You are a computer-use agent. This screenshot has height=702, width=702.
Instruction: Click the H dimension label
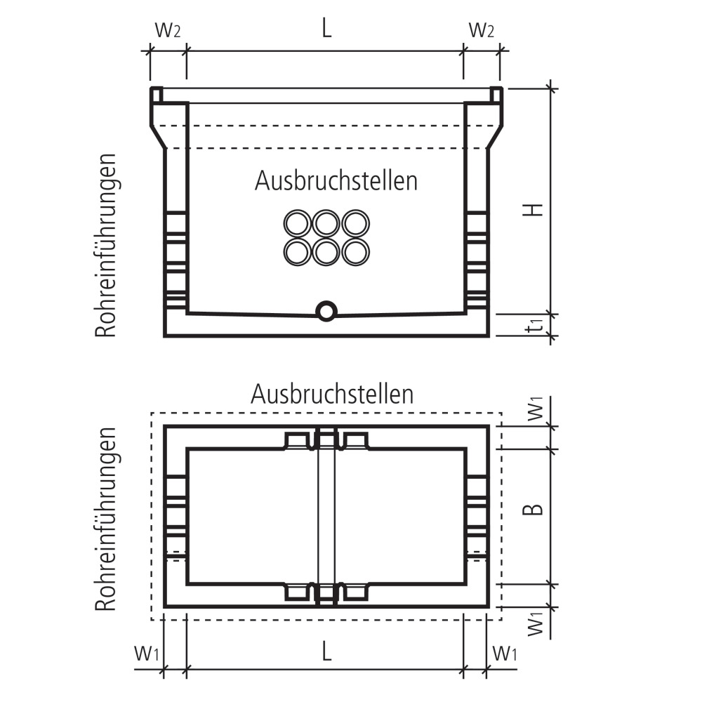click(533, 209)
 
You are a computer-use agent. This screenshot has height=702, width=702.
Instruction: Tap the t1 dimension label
click(534, 324)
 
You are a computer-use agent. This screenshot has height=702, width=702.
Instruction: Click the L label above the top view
click(327, 29)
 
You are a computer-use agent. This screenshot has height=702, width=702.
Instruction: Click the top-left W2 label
click(168, 30)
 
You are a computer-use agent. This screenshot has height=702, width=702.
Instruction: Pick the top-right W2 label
click(482, 30)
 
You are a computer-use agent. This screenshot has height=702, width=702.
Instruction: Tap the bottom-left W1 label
click(147, 654)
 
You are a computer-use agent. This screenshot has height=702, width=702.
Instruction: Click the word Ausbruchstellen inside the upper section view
click(336, 181)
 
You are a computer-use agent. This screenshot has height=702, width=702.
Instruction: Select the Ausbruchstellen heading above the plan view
click(332, 395)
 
